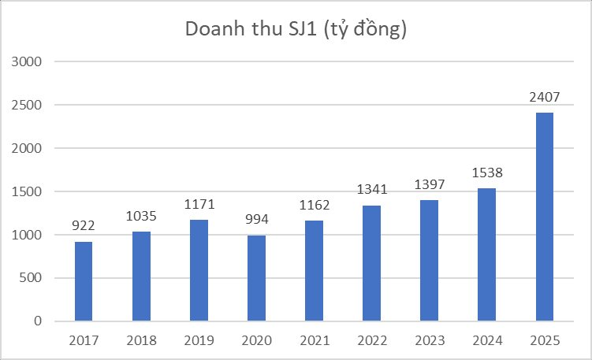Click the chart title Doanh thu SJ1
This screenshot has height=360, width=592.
tap(296, 29)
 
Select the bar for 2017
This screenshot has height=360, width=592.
tap(84, 281)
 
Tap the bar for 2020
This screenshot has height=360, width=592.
tap(256, 278)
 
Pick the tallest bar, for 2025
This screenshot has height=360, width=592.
tap(544, 217)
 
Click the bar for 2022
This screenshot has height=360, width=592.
tap(371, 263)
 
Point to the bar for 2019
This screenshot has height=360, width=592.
tap(199, 270)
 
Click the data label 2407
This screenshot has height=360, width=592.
tap(544, 99)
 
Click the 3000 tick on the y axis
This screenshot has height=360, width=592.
tap(28, 61)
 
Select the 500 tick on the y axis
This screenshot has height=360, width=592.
tap(32, 278)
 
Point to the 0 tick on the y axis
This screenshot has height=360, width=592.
tap(38, 321)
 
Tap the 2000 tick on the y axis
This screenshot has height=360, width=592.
tap(28, 148)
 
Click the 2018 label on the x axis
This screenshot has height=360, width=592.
tap(141, 341)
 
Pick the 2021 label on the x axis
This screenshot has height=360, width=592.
tap(314, 341)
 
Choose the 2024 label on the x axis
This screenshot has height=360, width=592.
tap(486, 341)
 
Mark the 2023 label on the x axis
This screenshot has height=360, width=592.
tap(429, 341)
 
